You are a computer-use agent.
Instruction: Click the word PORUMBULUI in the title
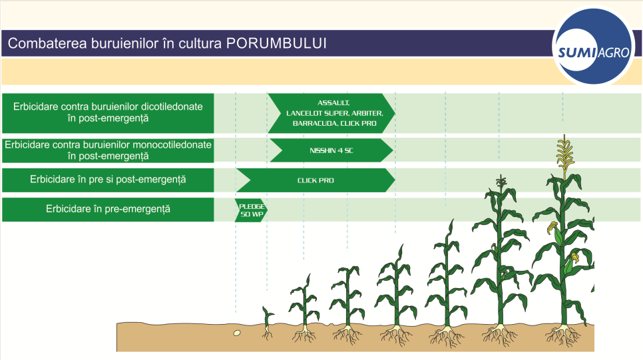pyautogui.click(x=276, y=43)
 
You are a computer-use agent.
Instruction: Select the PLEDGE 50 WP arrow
pyautogui.click(x=251, y=210)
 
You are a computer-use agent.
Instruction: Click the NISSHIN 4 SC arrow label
pyautogui.click(x=331, y=150)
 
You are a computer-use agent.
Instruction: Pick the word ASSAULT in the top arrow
pyautogui.click(x=333, y=103)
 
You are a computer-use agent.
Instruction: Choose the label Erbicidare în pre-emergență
pyautogui.click(x=108, y=209)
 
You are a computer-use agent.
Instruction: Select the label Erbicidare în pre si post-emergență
pyautogui.click(x=108, y=180)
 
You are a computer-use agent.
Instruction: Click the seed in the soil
pyautogui.click(x=236, y=333)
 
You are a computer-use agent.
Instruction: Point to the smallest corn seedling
pyautogui.click(x=268, y=323)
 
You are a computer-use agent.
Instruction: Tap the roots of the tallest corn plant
pyautogui.click(x=564, y=335)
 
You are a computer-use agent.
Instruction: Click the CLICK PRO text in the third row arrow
pyautogui.click(x=316, y=180)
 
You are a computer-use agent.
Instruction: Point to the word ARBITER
pyautogui.click(x=367, y=113)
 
